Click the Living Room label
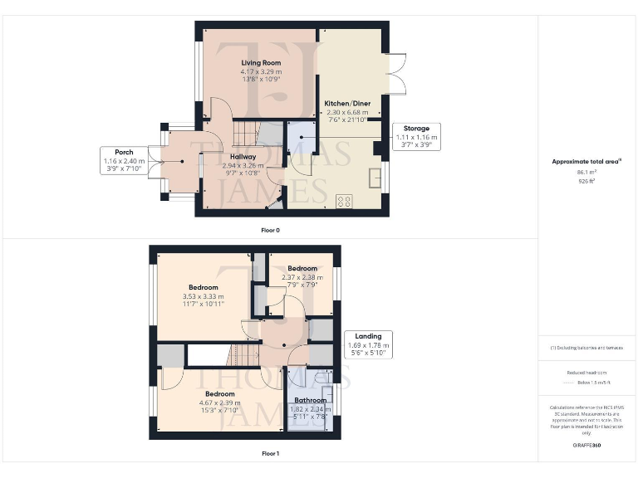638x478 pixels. click(261, 62)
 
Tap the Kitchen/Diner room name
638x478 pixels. click(347, 102)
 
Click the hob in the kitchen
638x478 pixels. click(343, 200)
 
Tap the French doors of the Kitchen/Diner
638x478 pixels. click(395, 75)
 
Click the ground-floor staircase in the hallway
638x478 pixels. click(247, 133)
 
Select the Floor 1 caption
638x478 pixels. click(270, 454)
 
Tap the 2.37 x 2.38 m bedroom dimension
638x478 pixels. click(302, 278)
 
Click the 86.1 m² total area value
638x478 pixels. click(586, 172)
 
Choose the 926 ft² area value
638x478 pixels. click(586, 179)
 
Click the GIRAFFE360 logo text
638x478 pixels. click(586, 446)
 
